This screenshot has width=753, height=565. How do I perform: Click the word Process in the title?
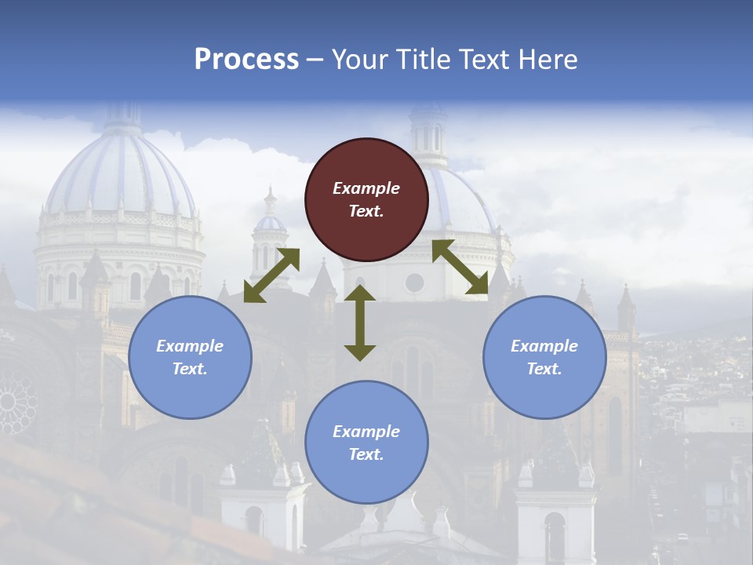(246, 59)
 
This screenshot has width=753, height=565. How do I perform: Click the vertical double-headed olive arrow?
(360, 323)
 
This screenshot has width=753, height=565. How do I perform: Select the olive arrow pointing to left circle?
(271, 275)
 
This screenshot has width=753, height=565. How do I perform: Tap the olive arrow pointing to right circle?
(460, 268)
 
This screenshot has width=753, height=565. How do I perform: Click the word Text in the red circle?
(366, 211)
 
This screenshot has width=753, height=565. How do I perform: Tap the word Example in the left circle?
(190, 346)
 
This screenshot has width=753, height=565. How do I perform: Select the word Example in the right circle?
(544, 346)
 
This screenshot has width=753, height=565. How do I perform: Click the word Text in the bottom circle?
(366, 454)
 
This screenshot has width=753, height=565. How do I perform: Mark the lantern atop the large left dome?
(122, 118)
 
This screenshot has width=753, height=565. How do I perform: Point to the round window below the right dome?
(414, 282)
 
